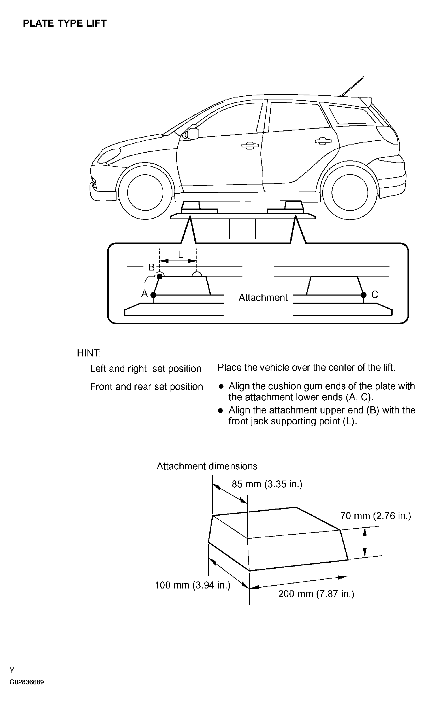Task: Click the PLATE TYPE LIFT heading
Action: click(x=65, y=24)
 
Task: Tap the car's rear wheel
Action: click(x=350, y=192)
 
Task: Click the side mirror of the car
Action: click(x=193, y=134)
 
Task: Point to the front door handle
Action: click(x=250, y=146)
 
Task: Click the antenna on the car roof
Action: click(x=352, y=86)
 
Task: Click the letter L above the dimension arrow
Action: click(x=181, y=254)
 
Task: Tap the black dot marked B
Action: click(x=160, y=276)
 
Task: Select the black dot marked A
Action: click(x=153, y=295)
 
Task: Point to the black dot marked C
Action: click(x=364, y=295)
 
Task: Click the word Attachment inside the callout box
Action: click(x=263, y=298)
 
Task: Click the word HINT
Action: click(x=89, y=353)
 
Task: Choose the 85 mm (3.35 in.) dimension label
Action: click(x=267, y=484)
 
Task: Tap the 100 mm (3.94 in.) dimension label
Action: click(x=193, y=585)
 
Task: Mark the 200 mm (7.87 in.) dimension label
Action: click(x=316, y=594)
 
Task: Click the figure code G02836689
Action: click(x=27, y=682)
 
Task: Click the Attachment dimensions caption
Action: click(x=207, y=466)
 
